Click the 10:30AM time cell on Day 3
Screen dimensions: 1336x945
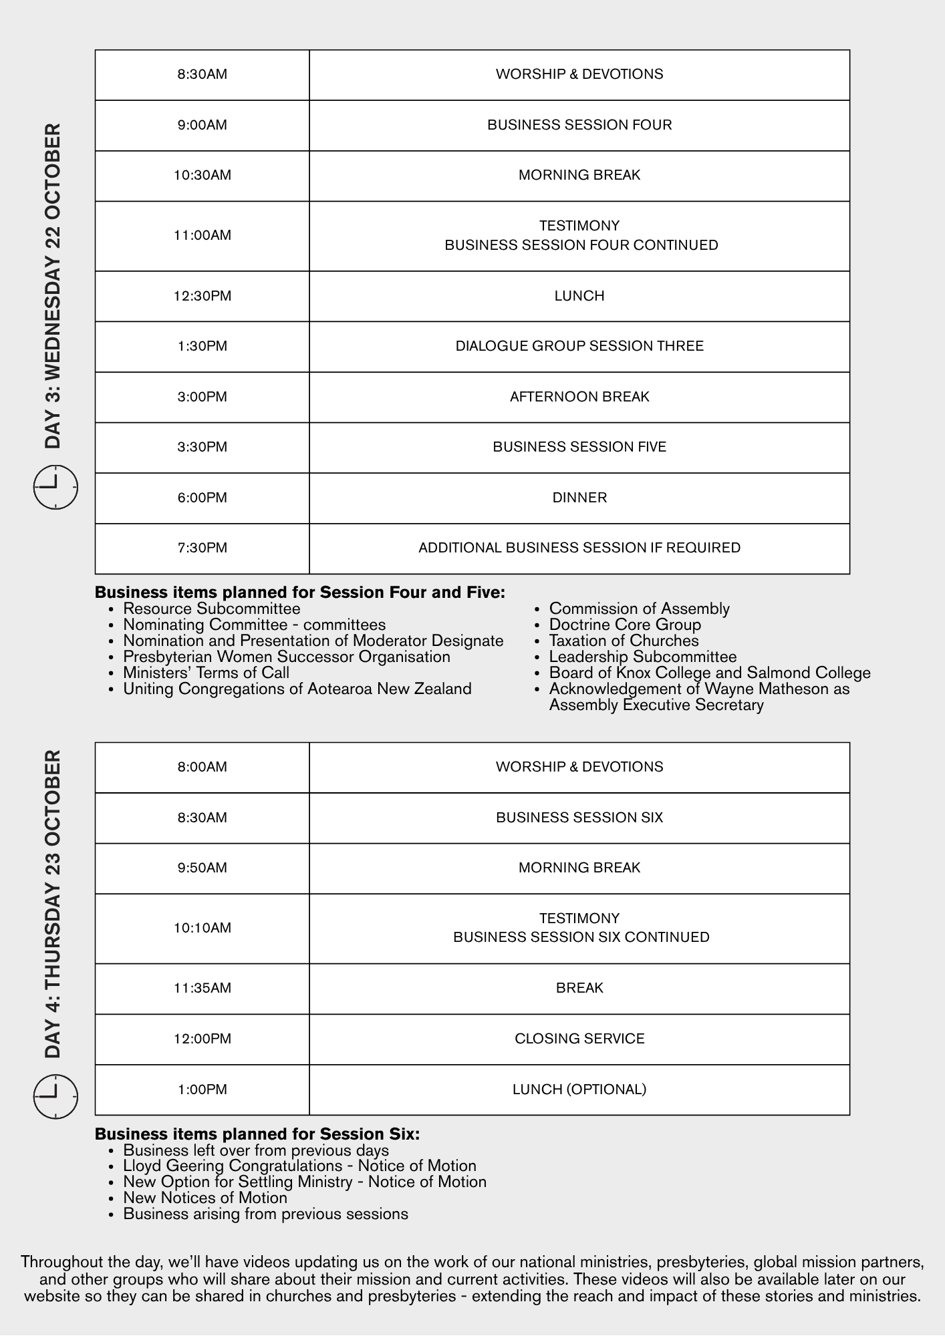coord(202,176)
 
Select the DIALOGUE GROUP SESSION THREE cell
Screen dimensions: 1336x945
coord(579,346)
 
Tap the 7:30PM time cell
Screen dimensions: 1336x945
coord(202,548)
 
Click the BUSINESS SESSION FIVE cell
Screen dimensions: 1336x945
coord(579,447)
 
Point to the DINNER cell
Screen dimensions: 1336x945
coord(579,498)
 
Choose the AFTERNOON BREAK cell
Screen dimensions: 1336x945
coord(579,397)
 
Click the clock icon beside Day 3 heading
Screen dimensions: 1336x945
coord(55,487)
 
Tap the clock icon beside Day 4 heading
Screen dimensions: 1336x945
coord(55,1096)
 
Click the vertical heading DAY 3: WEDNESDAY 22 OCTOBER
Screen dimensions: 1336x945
coord(53,286)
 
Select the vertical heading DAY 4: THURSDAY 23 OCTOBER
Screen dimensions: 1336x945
coord(53,904)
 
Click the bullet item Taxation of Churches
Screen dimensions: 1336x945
coord(624,641)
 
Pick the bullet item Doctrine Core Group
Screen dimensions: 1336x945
coord(625,625)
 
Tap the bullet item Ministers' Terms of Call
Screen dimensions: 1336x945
coord(206,673)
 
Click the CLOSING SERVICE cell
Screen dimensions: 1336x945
coord(579,1039)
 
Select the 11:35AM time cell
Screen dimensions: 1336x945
coord(202,988)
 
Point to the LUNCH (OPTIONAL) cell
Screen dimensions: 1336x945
coord(579,1090)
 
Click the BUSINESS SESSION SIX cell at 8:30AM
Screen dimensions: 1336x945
coord(579,818)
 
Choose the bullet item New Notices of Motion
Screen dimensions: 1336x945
coord(205,1198)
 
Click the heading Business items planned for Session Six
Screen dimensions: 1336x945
coord(257,1134)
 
